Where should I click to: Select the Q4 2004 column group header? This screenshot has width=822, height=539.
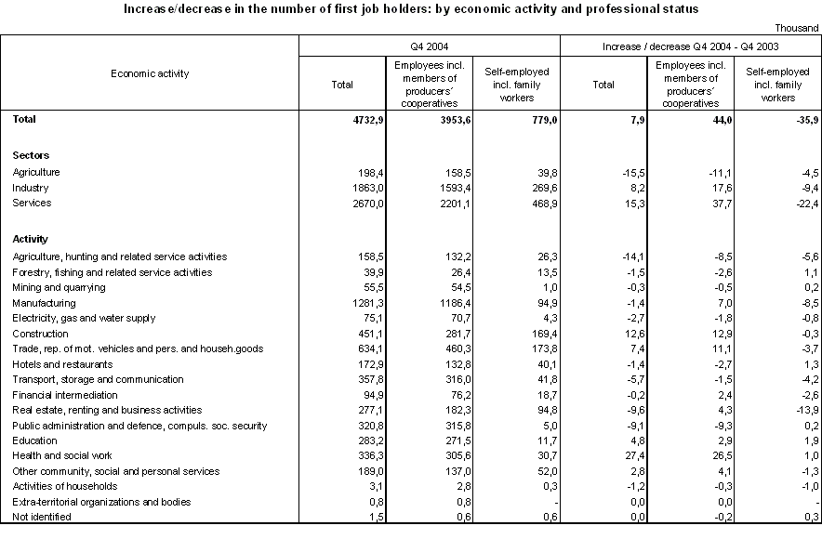pos(430,45)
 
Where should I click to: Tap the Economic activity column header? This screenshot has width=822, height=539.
pos(150,72)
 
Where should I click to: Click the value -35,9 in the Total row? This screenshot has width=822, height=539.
pos(804,120)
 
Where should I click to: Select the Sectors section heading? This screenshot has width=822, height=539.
pos(31,155)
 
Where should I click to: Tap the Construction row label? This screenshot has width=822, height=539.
pos(41,334)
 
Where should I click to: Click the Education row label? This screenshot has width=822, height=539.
pos(35,441)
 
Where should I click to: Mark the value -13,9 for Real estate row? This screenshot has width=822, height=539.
pos(804,411)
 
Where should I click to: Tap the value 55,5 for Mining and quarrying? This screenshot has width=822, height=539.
pos(342,287)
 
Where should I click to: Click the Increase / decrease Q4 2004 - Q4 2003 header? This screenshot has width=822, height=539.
pos(691,45)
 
